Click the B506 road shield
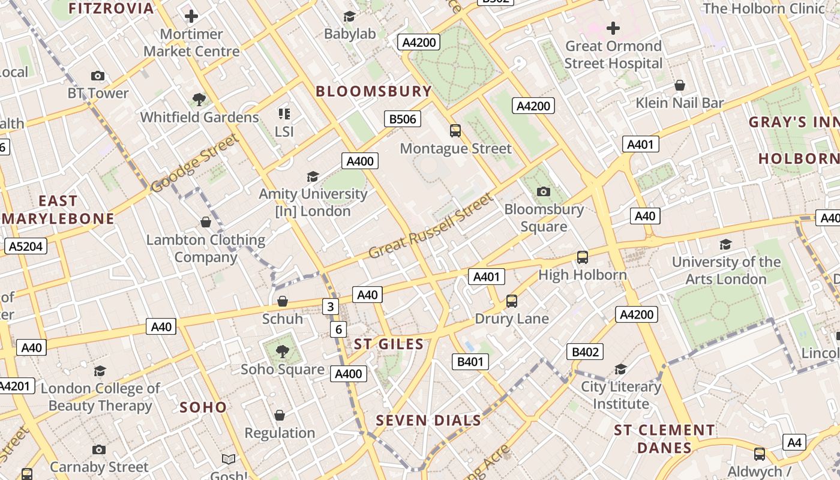(403, 119)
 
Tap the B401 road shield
(470, 361)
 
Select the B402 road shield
(585, 352)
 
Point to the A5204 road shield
(26, 246)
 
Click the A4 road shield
(794, 443)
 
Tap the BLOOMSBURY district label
(374, 91)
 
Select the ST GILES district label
(389, 344)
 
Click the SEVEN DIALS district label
(428, 420)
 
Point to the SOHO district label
(203, 407)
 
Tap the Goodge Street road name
(194, 163)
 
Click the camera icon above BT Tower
(98, 76)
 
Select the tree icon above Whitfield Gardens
(199, 99)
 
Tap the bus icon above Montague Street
(455, 130)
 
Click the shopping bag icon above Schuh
(282, 301)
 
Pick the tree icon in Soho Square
(282, 351)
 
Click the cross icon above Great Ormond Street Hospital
(613, 28)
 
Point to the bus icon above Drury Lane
(512, 301)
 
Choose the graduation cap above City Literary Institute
(620, 369)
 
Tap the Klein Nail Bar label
(680, 103)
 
